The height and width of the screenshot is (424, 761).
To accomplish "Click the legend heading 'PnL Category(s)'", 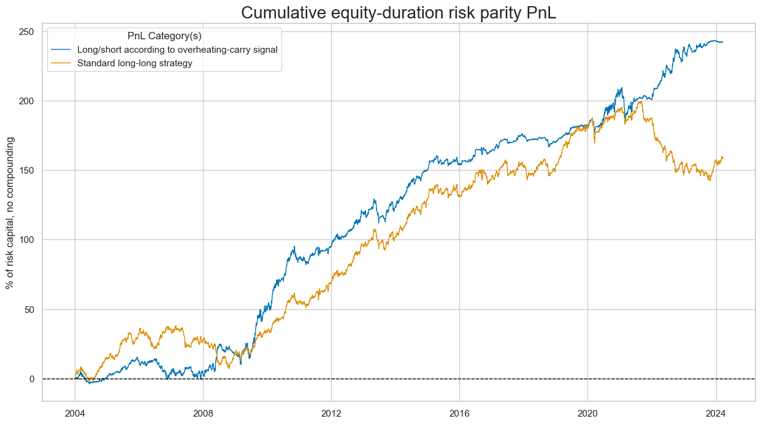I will pos(164,36).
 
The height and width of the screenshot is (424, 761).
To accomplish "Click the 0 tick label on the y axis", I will pos(31,379).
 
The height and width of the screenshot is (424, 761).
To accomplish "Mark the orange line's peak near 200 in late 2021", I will pos(641,101).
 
